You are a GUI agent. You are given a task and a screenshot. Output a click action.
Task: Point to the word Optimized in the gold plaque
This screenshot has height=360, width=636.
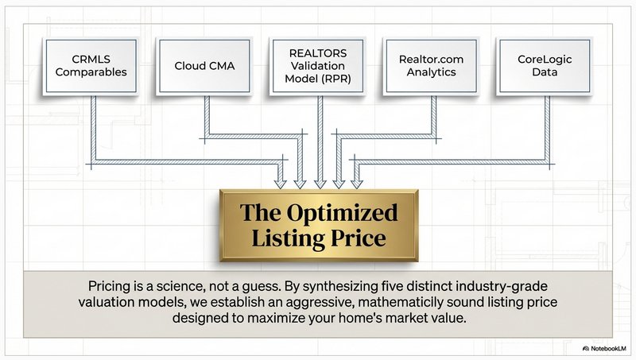[350, 212]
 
